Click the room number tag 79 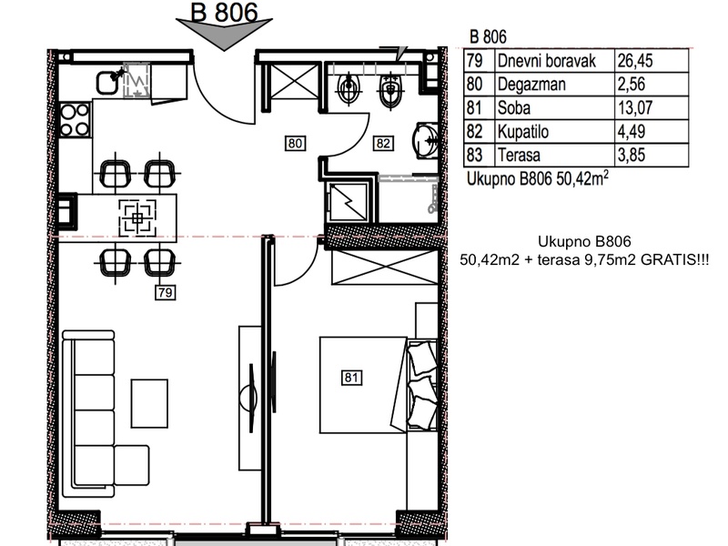pyautogui.click(x=165, y=292)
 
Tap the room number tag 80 pyautogui.click(x=295, y=143)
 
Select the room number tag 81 pyautogui.click(x=351, y=378)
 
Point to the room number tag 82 pyautogui.click(x=383, y=143)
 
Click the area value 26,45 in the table pyautogui.click(x=634, y=61)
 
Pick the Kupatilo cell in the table pyautogui.click(x=522, y=132)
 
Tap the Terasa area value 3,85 pyautogui.click(x=631, y=155)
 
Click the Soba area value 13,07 pyautogui.click(x=634, y=107)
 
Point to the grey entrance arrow pyautogui.click(x=224, y=32)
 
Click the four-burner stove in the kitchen pyautogui.click(x=75, y=120)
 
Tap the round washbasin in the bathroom pyautogui.click(x=425, y=139)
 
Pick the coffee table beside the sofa pyautogui.click(x=149, y=403)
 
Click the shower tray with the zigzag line pyautogui.click(x=349, y=202)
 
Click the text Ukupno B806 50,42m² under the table pyautogui.click(x=538, y=178)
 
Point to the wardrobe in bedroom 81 pyautogui.click(x=385, y=268)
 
